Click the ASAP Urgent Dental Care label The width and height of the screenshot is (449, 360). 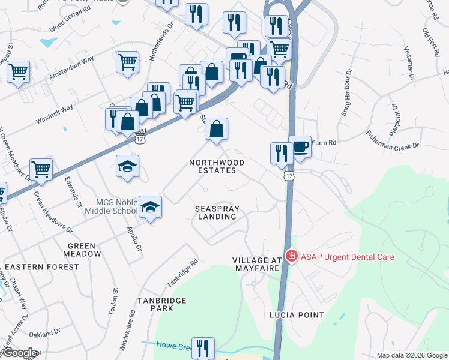347,257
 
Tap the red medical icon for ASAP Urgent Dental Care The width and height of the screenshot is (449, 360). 292,256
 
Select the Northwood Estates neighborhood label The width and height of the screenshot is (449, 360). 217,166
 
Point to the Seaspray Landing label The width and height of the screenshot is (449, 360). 217,212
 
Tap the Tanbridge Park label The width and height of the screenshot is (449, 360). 155,304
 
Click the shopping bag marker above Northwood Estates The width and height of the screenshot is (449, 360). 217,130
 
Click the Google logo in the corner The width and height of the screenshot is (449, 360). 19,353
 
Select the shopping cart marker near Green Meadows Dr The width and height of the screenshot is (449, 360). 41,170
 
